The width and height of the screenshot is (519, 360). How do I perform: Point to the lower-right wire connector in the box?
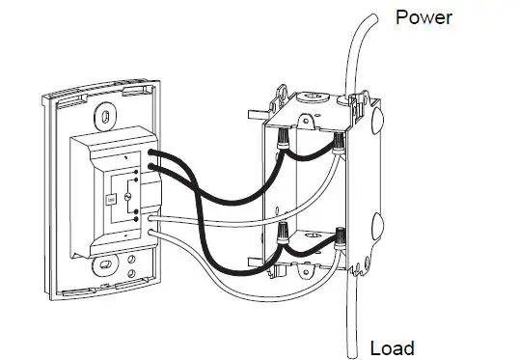341,235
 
